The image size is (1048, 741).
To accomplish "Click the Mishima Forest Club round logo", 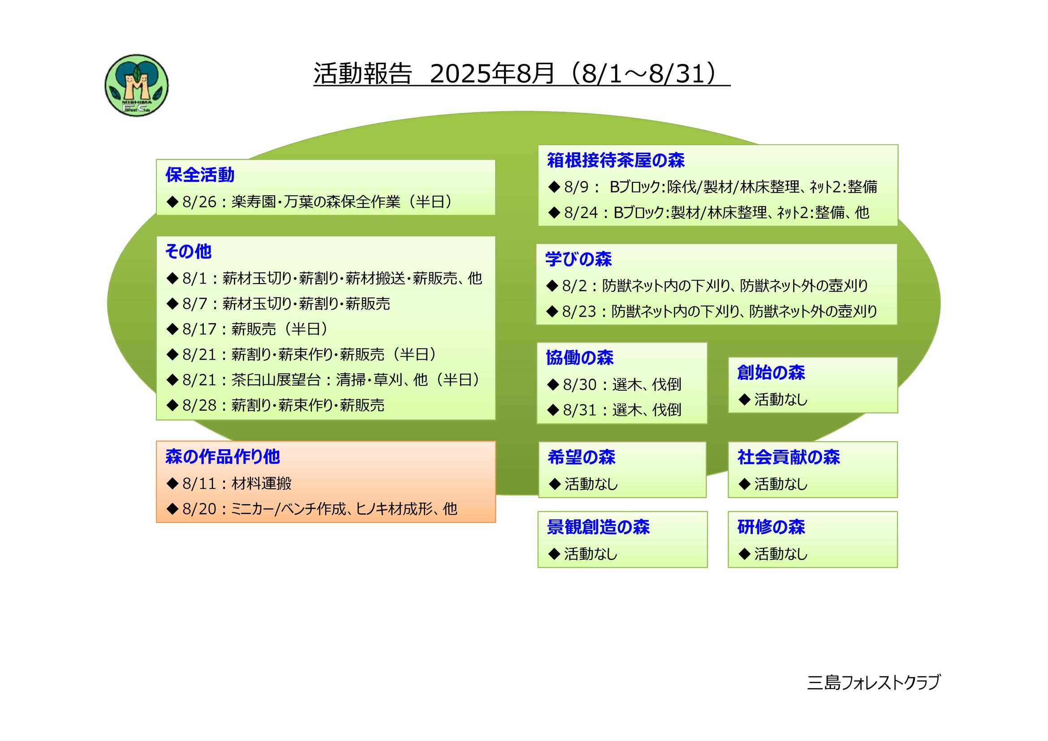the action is click(x=137, y=85).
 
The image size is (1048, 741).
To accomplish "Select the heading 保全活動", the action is click(x=200, y=175).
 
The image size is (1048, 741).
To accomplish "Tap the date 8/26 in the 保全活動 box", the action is click(x=199, y=202).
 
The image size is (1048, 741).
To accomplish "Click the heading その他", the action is click(x=189, y=251).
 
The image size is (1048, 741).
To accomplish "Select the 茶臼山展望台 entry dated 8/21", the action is click(x=324, y=379).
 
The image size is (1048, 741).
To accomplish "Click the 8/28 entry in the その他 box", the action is click(x=276, y=405).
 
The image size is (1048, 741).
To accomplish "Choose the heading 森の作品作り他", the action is click(x=223, y=456).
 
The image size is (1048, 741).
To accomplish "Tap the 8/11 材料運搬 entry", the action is click(x=229, y=484).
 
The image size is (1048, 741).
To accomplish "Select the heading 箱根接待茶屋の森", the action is click(x=616, y=160).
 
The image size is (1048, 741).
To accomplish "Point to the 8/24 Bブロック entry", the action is click(x=709, y=213).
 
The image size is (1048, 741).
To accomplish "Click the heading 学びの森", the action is click(x=579, y=259).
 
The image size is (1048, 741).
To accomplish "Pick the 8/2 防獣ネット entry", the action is click(x=707, y=286).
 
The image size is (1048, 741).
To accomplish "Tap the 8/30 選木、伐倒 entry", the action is click(x=614, y=385).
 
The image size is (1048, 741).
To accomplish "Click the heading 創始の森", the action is click(x=771, y=373).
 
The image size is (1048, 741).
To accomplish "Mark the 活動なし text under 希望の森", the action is click(x=591, y=484).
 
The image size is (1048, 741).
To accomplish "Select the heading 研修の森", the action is click(x=771, y=527).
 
